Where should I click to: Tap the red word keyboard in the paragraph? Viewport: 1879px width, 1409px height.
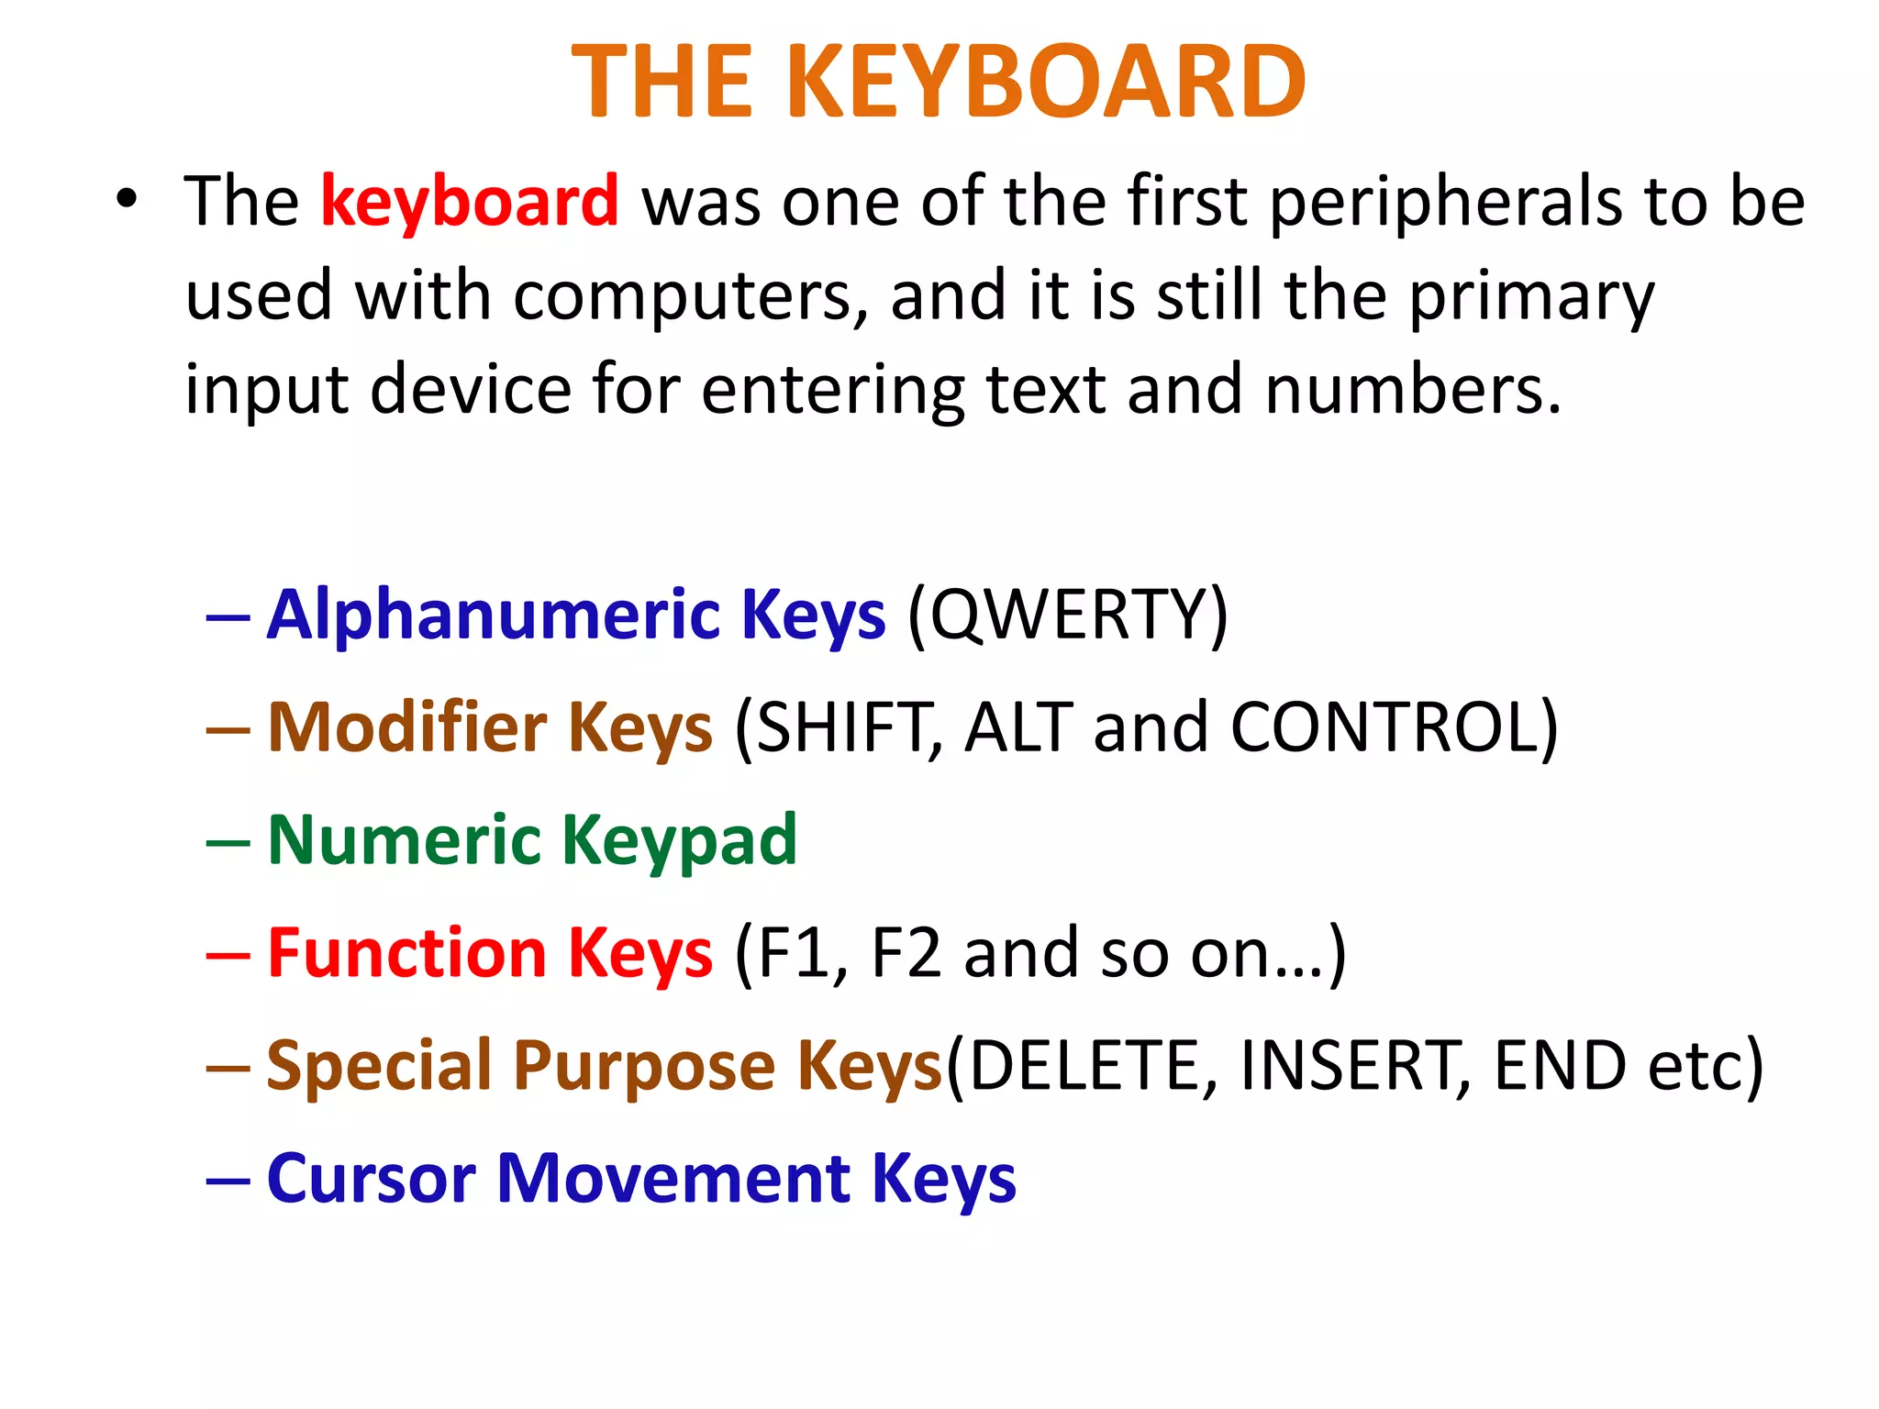pyautogui.click(x=470, y=202)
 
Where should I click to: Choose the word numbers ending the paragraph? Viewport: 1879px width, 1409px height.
pyautogui.click(x=1411, y=389)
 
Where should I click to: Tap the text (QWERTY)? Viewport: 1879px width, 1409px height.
pyautogui.click(x=1067, y=615)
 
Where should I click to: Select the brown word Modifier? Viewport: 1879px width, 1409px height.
pyautogui.click(x=406, y=727)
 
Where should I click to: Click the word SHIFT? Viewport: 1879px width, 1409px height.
pyautogui.click(x=839, y=727)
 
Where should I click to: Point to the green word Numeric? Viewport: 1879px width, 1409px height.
pyautogui.click(x=405, y=840)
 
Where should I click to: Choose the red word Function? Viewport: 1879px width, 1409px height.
pyautogui.click(x=406, y=953)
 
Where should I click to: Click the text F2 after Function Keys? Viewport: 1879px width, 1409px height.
pyautogui.click(x=906, y=953)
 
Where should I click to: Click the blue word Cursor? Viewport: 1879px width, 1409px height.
pyautogui.click(x=371, y=1179)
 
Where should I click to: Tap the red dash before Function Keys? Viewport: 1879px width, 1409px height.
pyautogui.click(x=228, y=955)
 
